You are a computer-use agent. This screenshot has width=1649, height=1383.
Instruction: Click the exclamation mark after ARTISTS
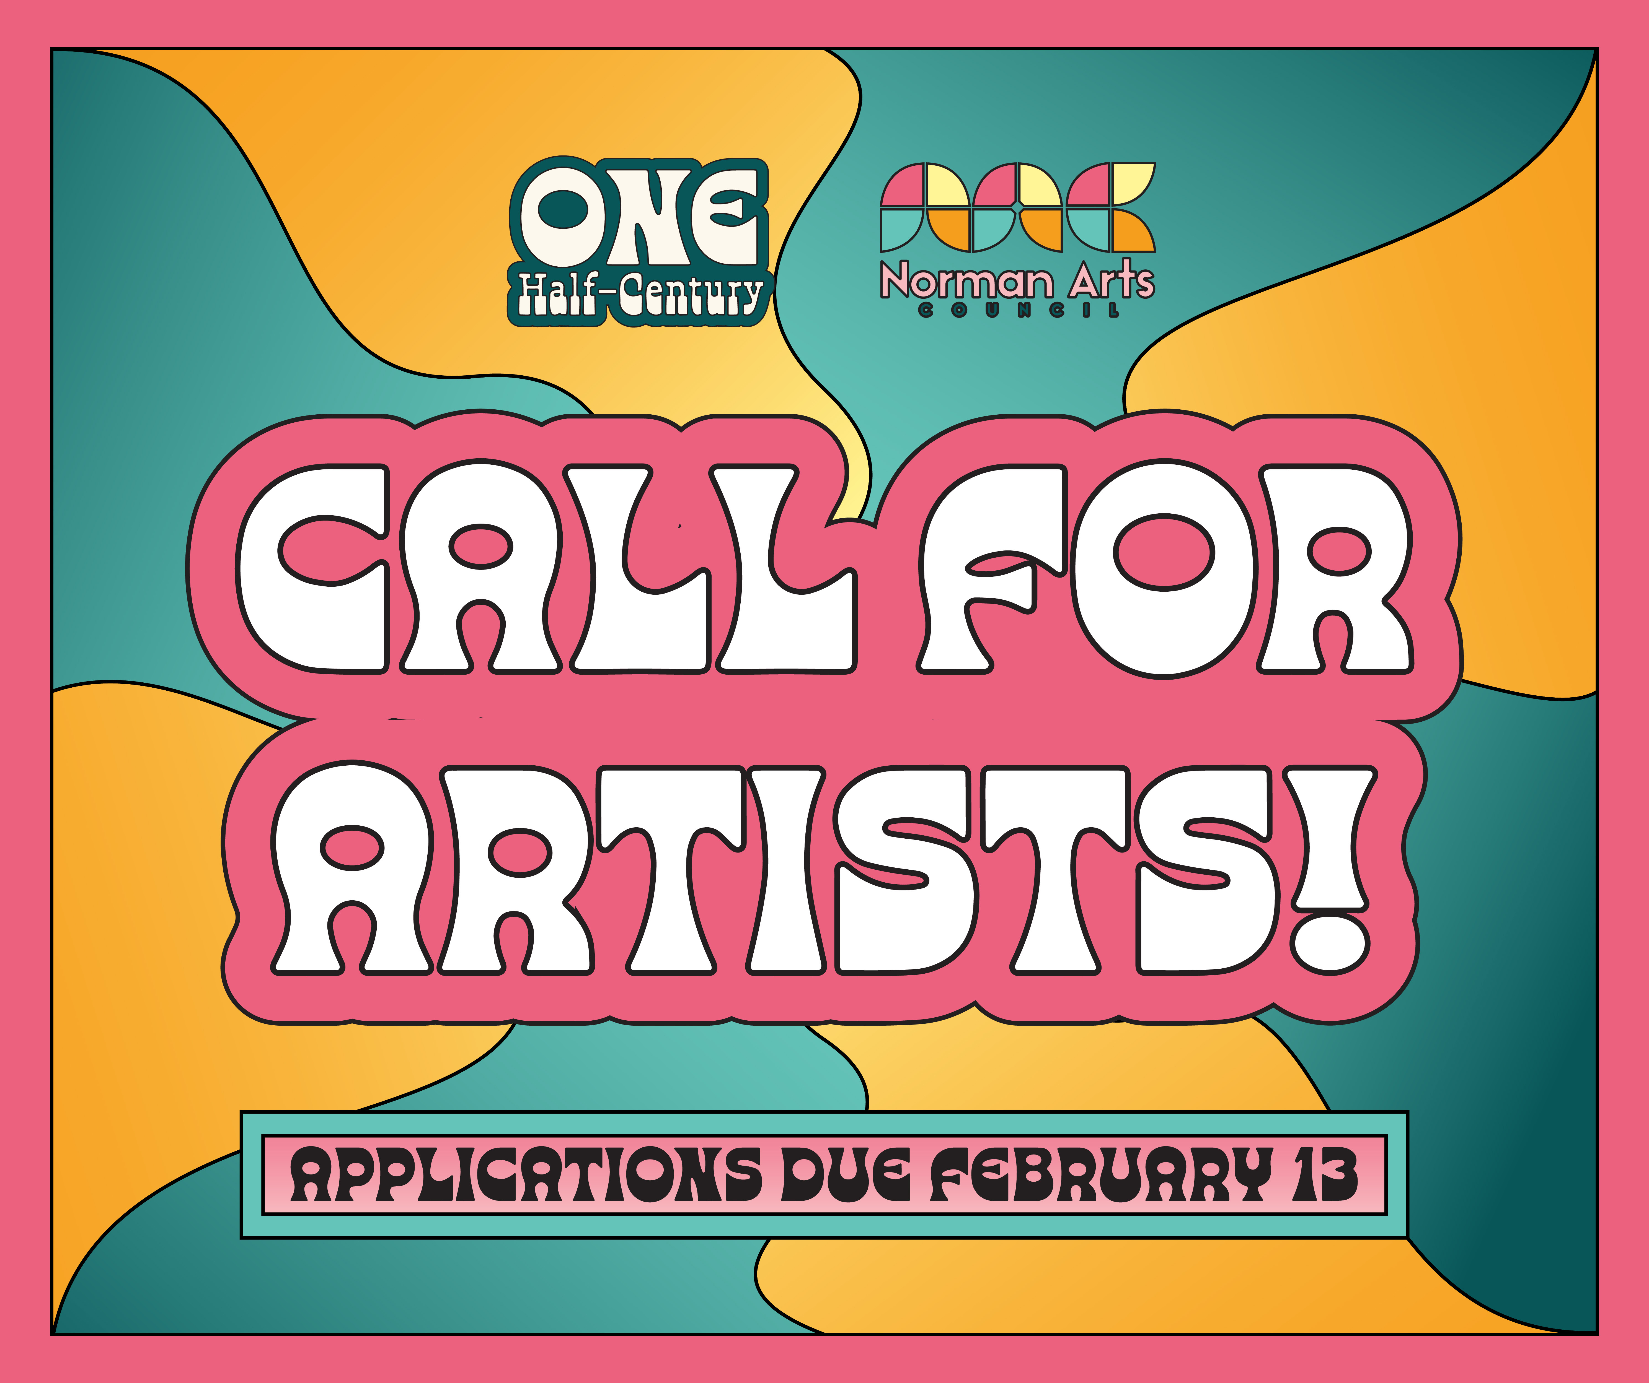click(1329, 870)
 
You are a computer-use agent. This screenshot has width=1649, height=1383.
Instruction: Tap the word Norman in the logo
click(966, 281)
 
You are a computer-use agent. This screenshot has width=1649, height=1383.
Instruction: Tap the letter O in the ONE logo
click(559, 214)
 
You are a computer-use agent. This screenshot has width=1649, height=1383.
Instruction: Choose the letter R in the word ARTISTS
click(514, 870)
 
